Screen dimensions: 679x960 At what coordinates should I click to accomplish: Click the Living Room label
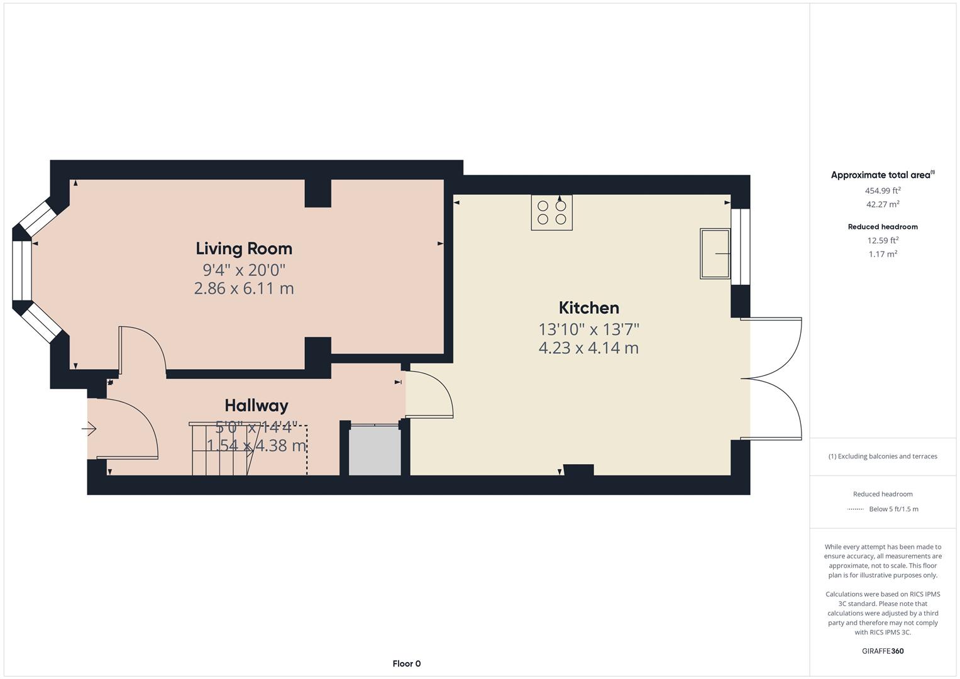(244, 248)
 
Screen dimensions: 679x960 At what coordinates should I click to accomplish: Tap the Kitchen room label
(588, 307)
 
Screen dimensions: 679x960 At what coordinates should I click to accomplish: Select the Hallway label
(257, 406)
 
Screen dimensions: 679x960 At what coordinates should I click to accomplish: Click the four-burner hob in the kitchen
(551, 213)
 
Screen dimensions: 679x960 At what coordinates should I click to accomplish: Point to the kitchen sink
(715, 253)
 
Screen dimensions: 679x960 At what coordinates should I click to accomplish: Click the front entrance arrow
(89, 429)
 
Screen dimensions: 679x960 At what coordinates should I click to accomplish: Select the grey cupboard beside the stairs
(375, 451)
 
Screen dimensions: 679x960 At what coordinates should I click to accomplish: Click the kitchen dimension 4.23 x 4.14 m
(588, 348)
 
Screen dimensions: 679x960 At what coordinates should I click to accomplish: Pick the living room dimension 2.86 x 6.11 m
(244, 289)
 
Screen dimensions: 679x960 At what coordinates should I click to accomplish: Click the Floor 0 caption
(406, 663)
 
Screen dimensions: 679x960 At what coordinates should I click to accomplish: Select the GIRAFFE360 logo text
(882, 651)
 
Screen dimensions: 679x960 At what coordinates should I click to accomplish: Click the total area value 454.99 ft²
(882, 190)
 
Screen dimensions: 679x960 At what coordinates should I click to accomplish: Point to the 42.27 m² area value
(882, 204)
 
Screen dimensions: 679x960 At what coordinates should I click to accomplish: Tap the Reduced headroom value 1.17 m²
(882, 254)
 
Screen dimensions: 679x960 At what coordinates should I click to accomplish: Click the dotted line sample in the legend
(855, 509)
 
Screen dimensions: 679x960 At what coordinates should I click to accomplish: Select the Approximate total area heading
(880, 175)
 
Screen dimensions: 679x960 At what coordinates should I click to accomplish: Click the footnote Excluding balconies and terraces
(882, 456)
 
